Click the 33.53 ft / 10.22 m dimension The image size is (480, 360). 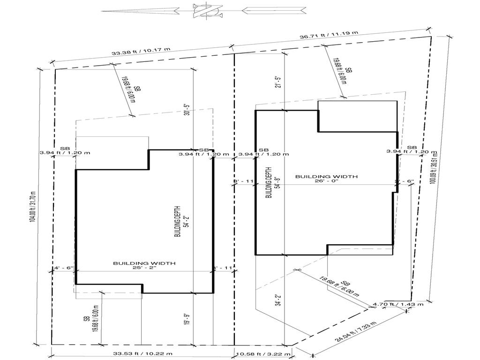tap(141, 353)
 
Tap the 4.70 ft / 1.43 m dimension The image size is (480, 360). tap(398, 304)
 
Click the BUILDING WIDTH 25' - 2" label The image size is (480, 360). tap(144, 266)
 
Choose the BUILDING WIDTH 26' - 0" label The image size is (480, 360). tap(326, 179)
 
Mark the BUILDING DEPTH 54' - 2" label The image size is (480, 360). tap(180, 224)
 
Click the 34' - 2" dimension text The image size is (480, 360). tap(278, 300)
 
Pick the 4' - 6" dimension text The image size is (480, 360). tap(63, 268)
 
